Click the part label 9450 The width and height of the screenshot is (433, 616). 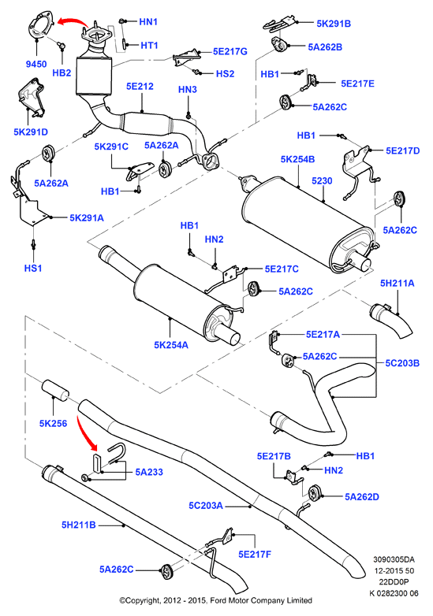click(x=36, y=64)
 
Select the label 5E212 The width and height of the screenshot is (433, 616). click(x=140, y=87)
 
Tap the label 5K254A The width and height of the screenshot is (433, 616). click(x=171, y=345)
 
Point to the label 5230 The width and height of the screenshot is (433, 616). click(x=322, y=180)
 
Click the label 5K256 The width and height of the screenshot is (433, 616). click(x=53, y=423)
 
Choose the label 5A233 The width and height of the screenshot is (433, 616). click(x=149, y=472)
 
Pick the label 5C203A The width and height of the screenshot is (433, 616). click(x=206, y=506)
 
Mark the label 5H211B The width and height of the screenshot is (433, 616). click(x=79, y=525)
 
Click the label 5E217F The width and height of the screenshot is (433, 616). click(x=255, y=555)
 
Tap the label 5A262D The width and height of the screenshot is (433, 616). click(x=362, y=497)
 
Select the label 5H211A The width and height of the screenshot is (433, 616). click(x=397, y=284)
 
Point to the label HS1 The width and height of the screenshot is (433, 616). click(x=33, y=269)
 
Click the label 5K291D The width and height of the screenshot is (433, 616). click(x=31, y=132)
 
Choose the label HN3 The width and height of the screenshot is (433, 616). click(x=188, y=90)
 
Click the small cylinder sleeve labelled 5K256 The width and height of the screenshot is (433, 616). click(x=55, y=389)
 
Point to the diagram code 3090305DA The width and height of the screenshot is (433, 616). click(x=394, y=559)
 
